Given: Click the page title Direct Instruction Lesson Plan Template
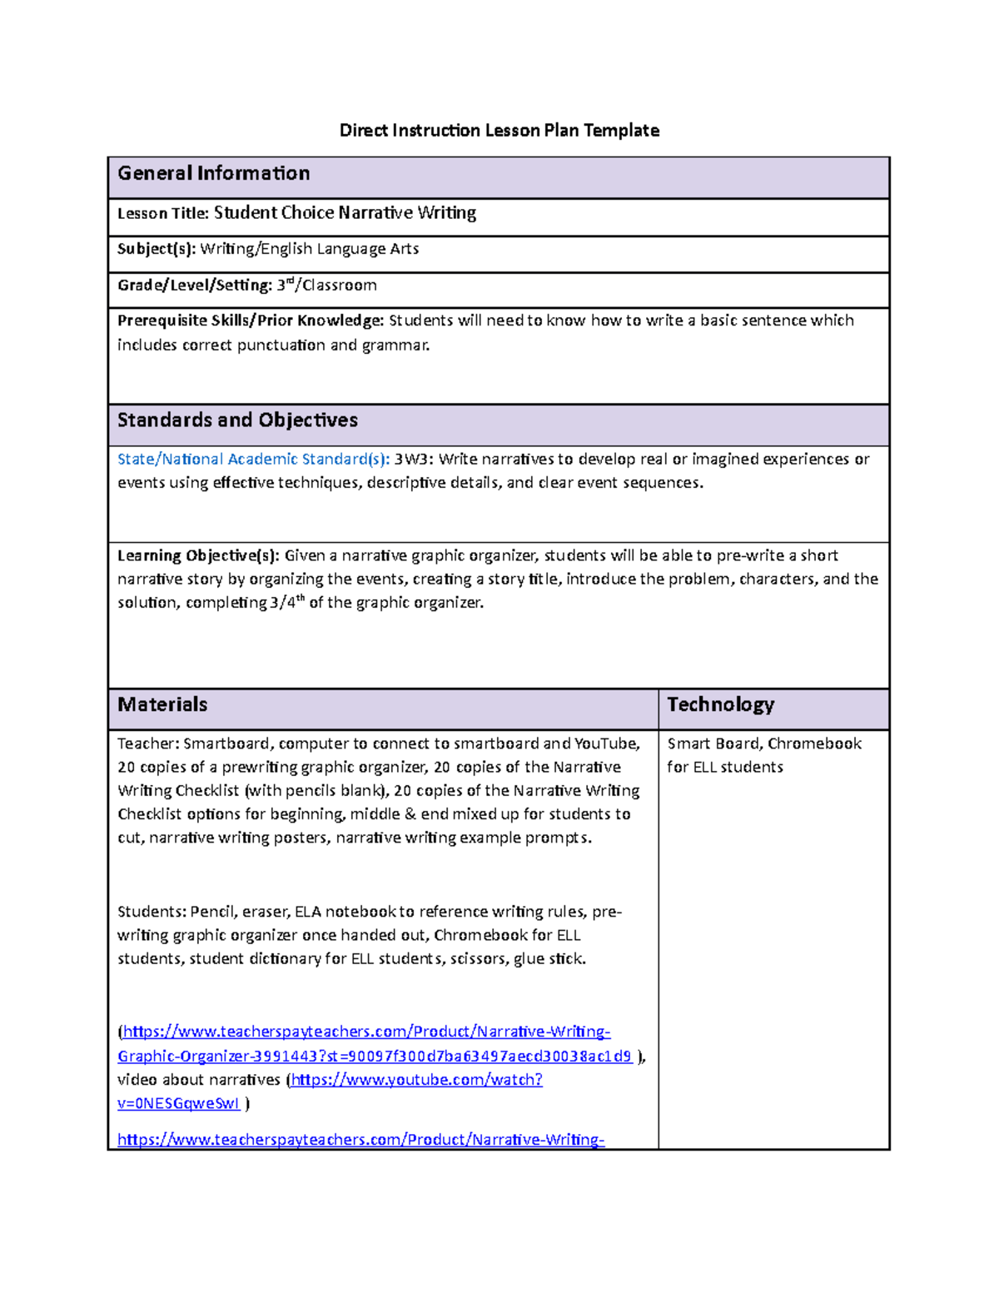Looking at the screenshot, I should pos(499,131).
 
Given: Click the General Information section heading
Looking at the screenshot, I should pos(213,173).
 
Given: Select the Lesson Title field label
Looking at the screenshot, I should pos(162,214).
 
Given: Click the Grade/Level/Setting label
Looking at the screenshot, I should pos(194,286).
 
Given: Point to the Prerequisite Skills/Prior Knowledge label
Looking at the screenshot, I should pos(250,321).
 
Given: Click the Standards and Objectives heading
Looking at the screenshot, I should pos(237,420).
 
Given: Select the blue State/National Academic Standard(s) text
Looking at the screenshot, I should pos(253,460).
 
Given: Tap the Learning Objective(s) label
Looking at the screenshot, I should pos(198,555).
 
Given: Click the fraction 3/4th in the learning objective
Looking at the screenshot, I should pos(287,602).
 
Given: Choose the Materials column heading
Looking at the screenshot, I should pos(162,704).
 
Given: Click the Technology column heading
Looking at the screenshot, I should pos(720,704).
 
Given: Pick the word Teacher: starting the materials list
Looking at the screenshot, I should pos(148,743).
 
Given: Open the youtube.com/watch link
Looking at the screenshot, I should pos(416,1080).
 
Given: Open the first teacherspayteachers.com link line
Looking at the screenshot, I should pos(366,1032).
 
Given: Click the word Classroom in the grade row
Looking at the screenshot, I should pos(340,286).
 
